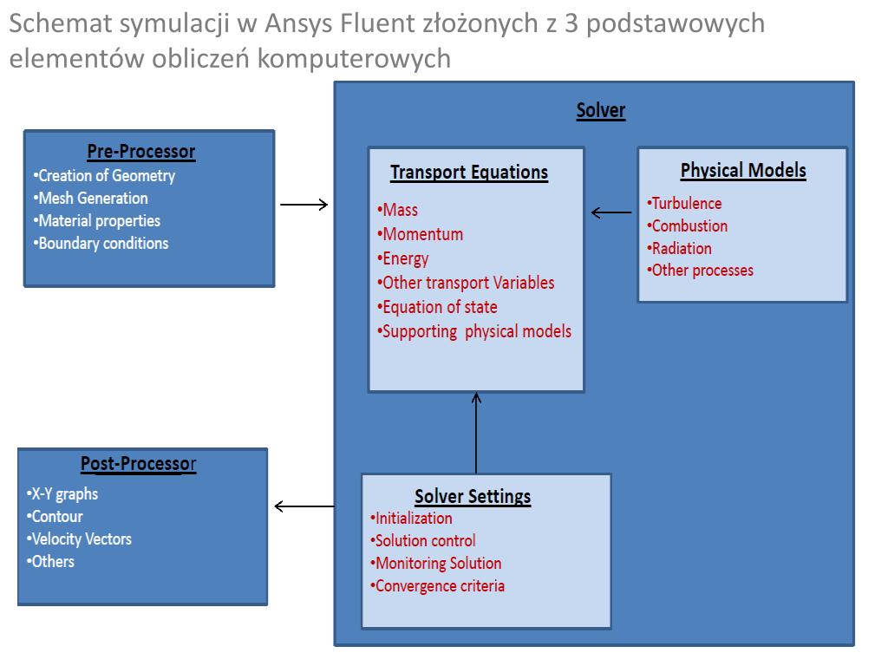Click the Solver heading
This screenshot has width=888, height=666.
click(600, 110)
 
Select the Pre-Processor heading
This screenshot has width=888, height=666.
click(141, 152)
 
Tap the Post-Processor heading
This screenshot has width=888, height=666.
click(139, 464)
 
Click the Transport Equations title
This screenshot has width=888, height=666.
click(469, 172)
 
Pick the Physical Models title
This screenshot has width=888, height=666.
click(743, 170)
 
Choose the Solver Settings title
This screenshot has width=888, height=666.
click(473, 497)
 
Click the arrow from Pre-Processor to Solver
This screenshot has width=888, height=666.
click(304, 205)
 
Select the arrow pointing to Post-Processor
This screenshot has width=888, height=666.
click(304, 506)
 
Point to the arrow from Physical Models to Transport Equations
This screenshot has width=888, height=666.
click(611, 212)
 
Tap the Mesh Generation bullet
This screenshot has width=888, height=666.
click(93, 198)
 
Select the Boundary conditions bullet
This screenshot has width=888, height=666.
click(103, 243)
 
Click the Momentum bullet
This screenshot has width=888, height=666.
click(421, 234)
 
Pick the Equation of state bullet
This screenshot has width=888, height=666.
click(438, 307)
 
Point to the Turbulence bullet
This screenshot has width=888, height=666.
click(685, 203)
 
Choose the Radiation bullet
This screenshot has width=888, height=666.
click(680, 248)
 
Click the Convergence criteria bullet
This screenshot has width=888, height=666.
click(438, 585)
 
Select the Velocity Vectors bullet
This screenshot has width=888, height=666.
click(80, 539)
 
